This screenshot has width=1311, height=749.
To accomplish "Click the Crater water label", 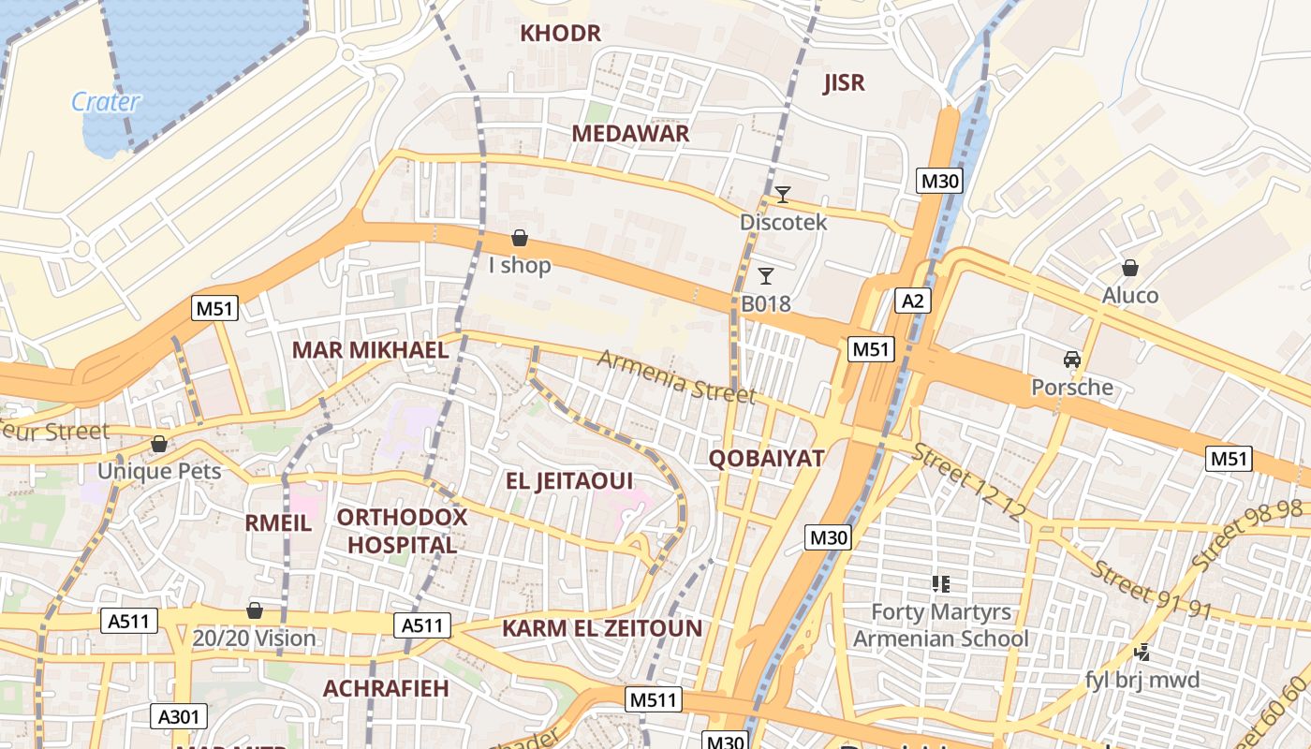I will tap(105, 101).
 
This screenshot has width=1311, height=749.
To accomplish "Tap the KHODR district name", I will tap(560, 34).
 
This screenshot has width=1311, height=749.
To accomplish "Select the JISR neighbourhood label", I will tap(844, 82).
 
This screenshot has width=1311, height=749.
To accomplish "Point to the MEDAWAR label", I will tap(630, 133).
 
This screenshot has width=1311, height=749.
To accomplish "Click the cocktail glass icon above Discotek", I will tap(783, 195).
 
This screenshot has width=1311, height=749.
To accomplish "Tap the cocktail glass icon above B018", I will tap(766, 275).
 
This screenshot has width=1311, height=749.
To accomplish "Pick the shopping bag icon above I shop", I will tap(520, 238).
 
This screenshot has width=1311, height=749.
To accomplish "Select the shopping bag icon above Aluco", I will tap(1130, 268).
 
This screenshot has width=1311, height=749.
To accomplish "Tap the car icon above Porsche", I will tap(1072, 360).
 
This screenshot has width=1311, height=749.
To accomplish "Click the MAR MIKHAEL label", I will tap(370, 350).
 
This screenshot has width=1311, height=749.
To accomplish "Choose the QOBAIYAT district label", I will tap(766, 458).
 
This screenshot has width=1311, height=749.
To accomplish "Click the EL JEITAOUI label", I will tap(569, 481).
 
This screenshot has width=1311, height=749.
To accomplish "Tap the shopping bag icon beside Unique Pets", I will tap(159, 444).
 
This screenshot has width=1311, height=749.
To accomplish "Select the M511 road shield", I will tap(655, 699).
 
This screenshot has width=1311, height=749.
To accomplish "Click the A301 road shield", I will tap(178, 717).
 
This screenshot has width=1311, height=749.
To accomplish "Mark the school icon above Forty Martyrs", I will tap(941, 584).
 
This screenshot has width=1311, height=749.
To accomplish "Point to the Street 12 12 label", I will tap(969, 482).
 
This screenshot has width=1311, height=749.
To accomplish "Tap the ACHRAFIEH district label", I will tap(386, 688).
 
